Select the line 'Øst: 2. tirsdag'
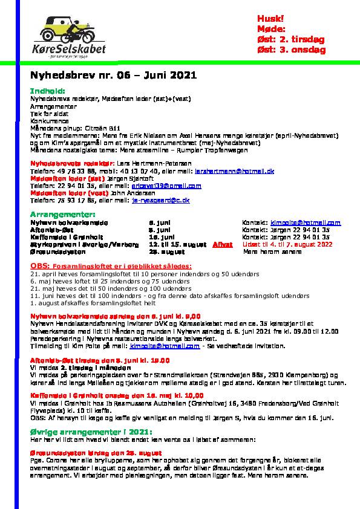pos(291,39)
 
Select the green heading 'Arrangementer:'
pos(62,215)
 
